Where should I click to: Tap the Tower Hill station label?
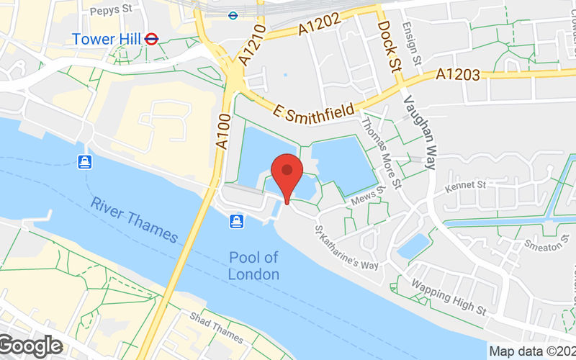tap(107, 38)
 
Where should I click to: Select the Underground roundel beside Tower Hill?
tap(151, 38)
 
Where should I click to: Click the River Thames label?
tap(135, 220)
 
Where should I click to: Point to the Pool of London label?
tap(253, 266)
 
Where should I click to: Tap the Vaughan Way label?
tap(420, 132)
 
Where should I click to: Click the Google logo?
tap(32, 346)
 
